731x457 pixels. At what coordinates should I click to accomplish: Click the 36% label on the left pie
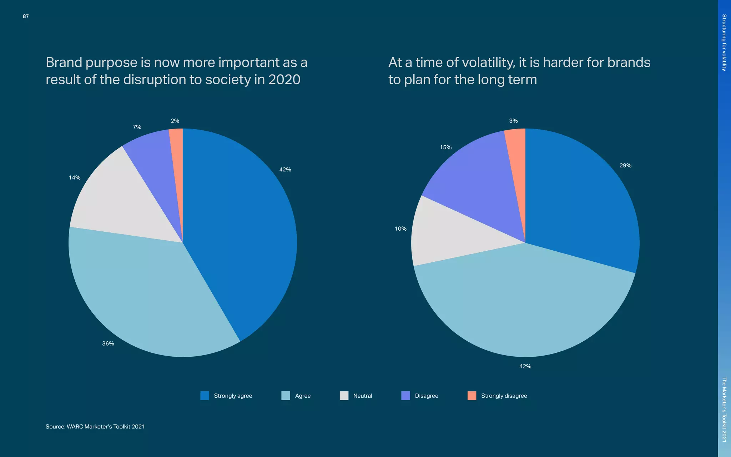tap(108, 343)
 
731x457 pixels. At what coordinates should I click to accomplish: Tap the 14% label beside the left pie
tap(75, 177)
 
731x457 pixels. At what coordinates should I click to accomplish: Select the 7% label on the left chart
tap(137, 127)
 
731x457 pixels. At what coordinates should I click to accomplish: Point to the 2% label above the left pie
tap(175, 121)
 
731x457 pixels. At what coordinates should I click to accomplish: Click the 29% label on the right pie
tap(625, 166)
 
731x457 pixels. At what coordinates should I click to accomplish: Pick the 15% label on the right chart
tap(445, 147)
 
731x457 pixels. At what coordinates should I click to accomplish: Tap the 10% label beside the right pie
tap(400, 229)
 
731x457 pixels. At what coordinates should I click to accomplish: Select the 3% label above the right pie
tap(513, 121)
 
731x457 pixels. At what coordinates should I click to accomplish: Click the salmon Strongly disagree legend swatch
tap(472, 396)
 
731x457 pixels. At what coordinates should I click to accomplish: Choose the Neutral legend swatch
tap(344, 396)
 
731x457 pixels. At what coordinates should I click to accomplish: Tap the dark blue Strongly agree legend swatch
tap(205, 396)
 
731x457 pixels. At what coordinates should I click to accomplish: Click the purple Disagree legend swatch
tap(406, 396)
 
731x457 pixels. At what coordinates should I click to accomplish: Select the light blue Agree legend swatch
tap(286, 396)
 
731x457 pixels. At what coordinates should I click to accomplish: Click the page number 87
tap(26, 16)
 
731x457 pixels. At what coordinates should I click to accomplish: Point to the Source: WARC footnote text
tap(95, 427)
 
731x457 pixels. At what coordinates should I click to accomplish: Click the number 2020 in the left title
tap(284, 80)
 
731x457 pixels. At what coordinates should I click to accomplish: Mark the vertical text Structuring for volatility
tap(724, 42)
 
